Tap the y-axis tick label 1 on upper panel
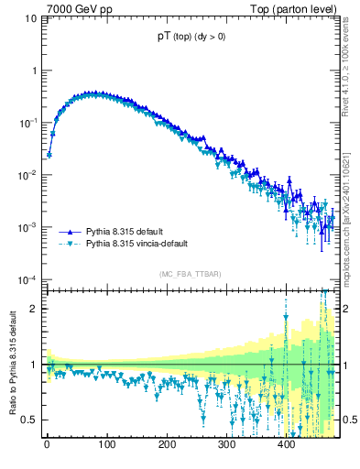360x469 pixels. (x=33, y=71)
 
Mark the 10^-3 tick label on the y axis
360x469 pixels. (x=27, y=227)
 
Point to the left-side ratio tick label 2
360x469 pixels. (x=34, y=309)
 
